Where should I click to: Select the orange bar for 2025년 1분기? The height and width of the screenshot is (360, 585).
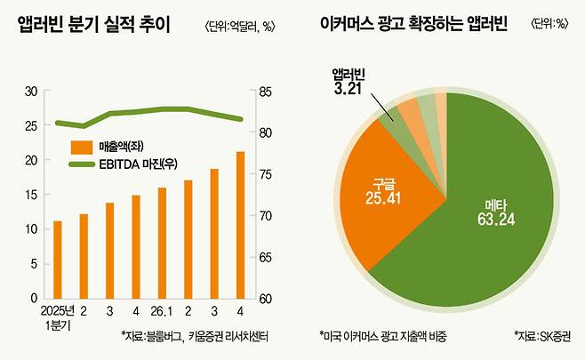click(x=58, y=260)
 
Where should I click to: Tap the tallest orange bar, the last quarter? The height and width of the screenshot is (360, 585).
click(x=240, y=225)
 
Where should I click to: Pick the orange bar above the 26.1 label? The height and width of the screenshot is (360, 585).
click(x=162, y=243)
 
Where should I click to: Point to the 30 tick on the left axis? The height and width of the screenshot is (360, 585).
click(x=31, y=92)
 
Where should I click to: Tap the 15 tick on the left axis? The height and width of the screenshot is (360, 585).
click(x=31, y=195)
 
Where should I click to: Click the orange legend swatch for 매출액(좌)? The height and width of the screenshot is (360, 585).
click(x=84, y=146)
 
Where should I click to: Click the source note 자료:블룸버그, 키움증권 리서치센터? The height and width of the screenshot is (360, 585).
click(x=194, y=336)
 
